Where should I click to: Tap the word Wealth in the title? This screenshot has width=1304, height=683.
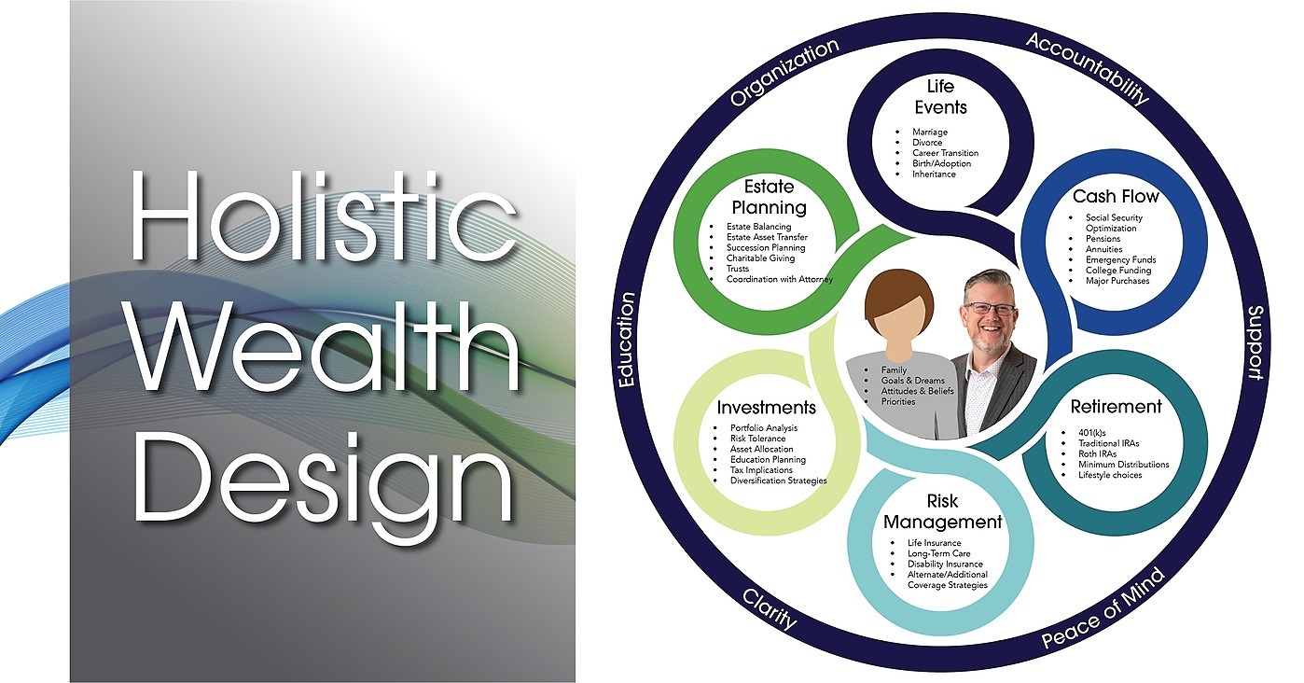[x=324, y=346]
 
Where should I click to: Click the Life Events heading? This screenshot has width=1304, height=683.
[x=940, y=97]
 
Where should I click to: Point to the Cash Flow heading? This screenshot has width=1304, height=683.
[x=1116, y=196]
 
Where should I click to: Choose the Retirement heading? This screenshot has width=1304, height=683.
[x=1116, y=407]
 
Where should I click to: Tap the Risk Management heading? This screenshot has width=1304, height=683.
[x=942, y=511]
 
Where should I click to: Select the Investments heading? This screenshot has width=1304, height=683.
[x=766, y=407]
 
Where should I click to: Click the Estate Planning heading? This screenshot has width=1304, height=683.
[x=769, y=197]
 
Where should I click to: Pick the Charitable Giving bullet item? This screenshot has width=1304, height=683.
[x=760, y=258]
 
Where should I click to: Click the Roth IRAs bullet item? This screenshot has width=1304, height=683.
[x=1097, y=453]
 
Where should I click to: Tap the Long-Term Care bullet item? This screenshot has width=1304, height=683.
[x=939, y=553]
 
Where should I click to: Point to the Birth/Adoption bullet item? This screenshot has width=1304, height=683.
[x=941, y=163]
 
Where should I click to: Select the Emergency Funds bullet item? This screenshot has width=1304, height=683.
[x=1120, y=259]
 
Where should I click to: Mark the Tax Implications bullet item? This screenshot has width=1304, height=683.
[x=761, y=470]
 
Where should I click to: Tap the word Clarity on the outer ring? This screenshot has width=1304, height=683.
[x=770, y=608]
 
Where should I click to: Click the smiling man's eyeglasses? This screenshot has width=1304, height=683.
[x=989, y=308]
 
